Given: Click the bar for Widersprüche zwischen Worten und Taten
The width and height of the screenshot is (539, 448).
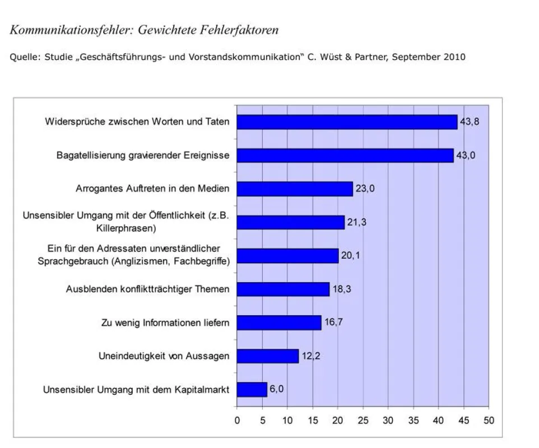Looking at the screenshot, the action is (347, 122).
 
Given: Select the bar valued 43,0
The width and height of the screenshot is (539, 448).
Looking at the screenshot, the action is (345, 156).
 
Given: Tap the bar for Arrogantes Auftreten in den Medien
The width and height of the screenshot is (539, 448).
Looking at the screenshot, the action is (295, 189).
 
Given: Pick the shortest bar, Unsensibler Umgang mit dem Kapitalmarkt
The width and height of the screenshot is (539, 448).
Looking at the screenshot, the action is (252, 390).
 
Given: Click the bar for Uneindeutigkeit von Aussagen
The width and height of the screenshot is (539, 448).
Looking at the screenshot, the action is (268, 356).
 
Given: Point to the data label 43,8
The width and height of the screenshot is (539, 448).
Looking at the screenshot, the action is (470, 122).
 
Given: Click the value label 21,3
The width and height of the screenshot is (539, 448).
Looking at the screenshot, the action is (356, 222).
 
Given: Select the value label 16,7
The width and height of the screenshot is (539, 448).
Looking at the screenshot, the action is (334, 322).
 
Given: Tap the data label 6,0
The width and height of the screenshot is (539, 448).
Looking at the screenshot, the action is (277, 389).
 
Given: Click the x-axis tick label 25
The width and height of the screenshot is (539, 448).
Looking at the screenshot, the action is (363, 421).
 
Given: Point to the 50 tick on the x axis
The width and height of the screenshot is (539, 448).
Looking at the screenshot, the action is (489, 421).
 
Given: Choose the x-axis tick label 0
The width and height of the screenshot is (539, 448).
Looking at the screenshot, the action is (237, 421).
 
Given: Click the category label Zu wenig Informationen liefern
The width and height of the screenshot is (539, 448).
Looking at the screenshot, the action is (165, 323).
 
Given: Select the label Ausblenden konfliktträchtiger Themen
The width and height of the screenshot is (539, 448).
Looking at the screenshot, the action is (148, 290).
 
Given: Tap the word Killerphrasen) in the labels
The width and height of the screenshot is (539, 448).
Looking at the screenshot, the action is (126, 228).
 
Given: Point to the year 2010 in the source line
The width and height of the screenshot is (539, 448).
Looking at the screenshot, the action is (454, 57).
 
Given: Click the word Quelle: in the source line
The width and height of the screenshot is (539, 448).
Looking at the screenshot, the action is (25, 57).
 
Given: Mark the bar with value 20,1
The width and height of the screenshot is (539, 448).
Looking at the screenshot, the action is (288, 256).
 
